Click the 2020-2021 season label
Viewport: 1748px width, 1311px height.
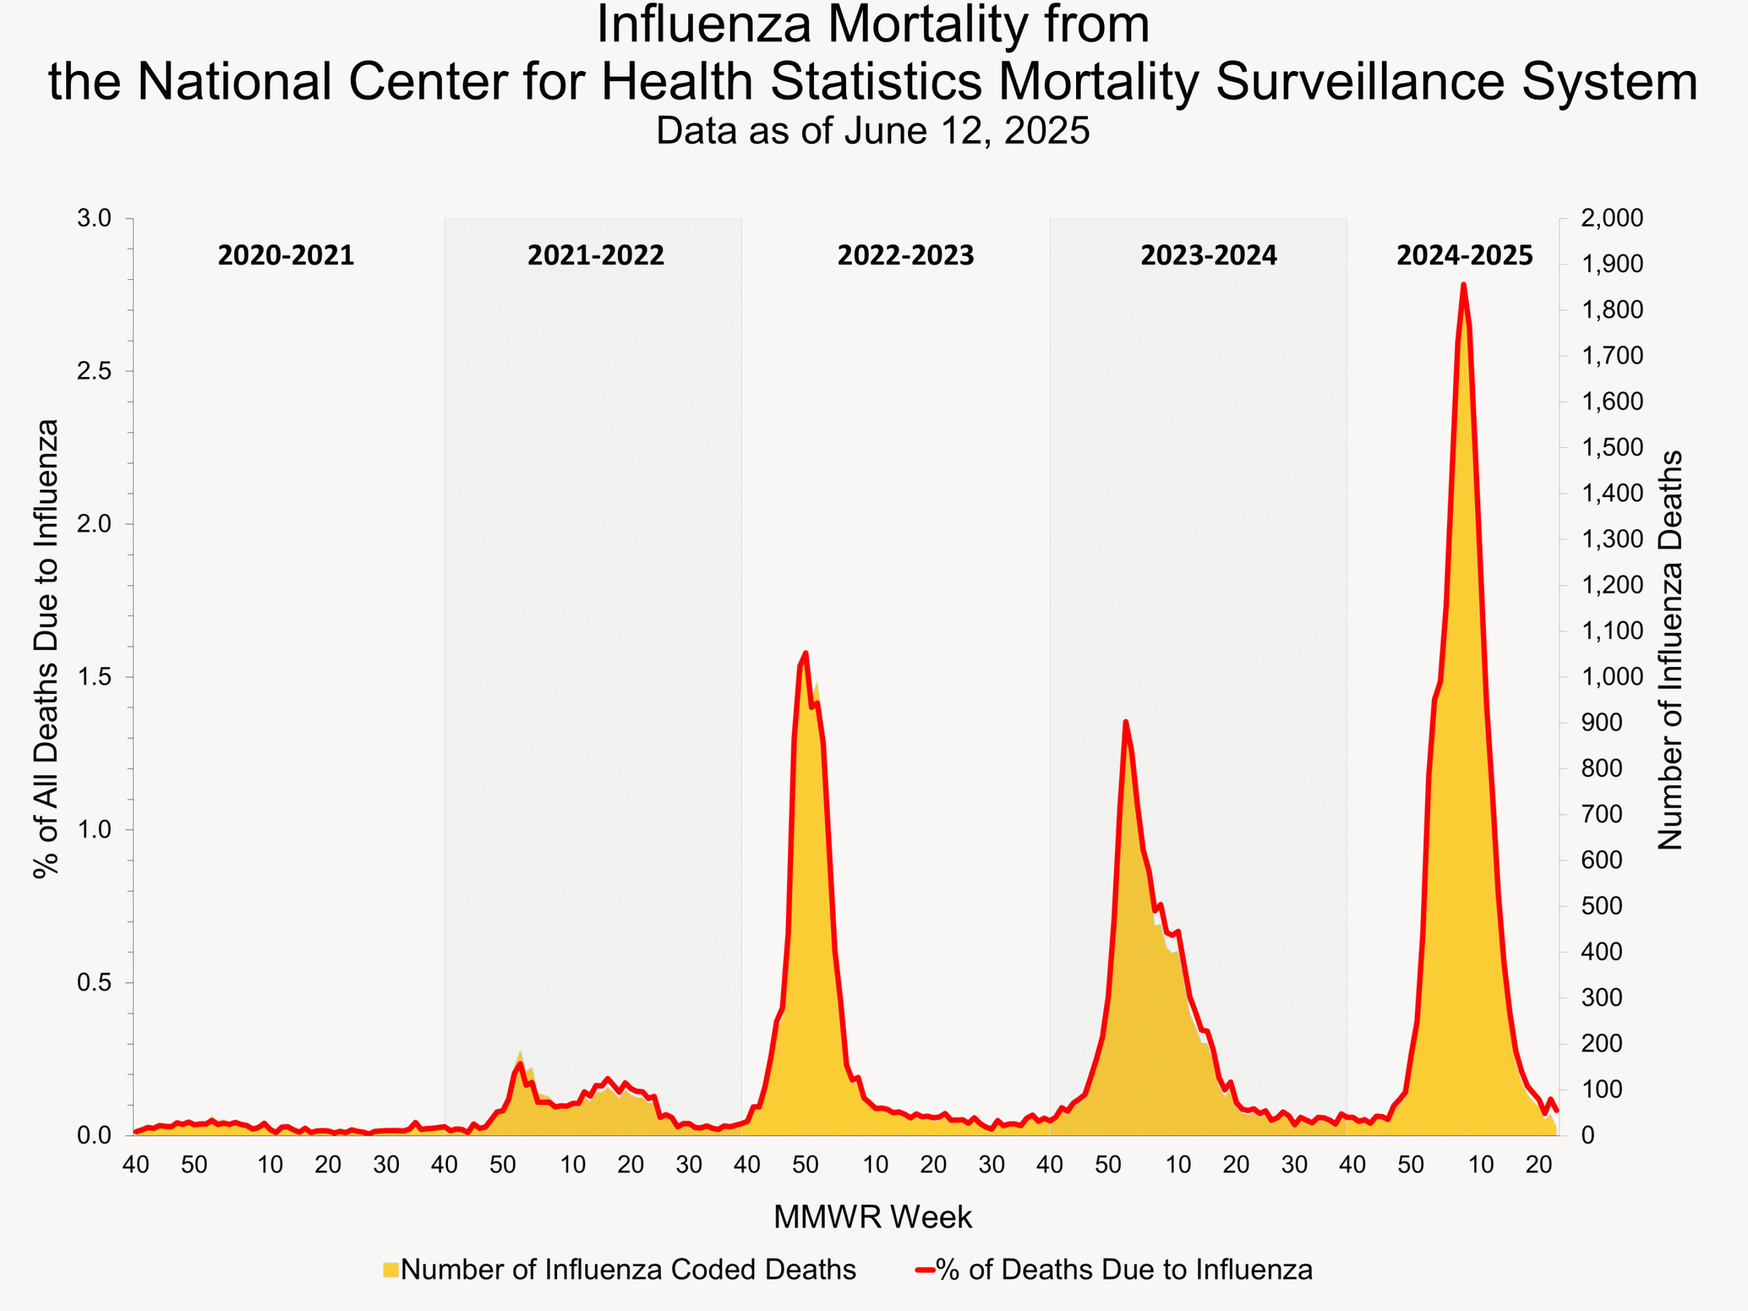click(285, 255)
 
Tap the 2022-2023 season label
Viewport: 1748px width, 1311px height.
click(905, 255)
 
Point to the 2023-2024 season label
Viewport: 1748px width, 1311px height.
click(1209, 255)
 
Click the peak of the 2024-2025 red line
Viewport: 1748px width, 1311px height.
click(1463, 285)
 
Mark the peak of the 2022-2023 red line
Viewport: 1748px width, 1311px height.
click(805, 653)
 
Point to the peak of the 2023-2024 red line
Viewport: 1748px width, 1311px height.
click(1125, 722)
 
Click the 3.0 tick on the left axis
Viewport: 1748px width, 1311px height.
click(94, 218)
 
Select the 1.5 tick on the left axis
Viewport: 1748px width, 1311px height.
click(94, 677)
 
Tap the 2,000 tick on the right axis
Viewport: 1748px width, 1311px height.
click(1611, 218)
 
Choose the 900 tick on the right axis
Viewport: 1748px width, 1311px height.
click(1601, 722)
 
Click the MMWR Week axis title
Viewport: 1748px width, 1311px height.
click(873, 1217)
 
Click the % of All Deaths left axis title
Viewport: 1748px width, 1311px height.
click(46, 648)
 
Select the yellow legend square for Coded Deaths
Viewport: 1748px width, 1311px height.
click(391, 1270)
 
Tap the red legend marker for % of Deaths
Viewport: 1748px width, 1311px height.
click(925, 1270)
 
